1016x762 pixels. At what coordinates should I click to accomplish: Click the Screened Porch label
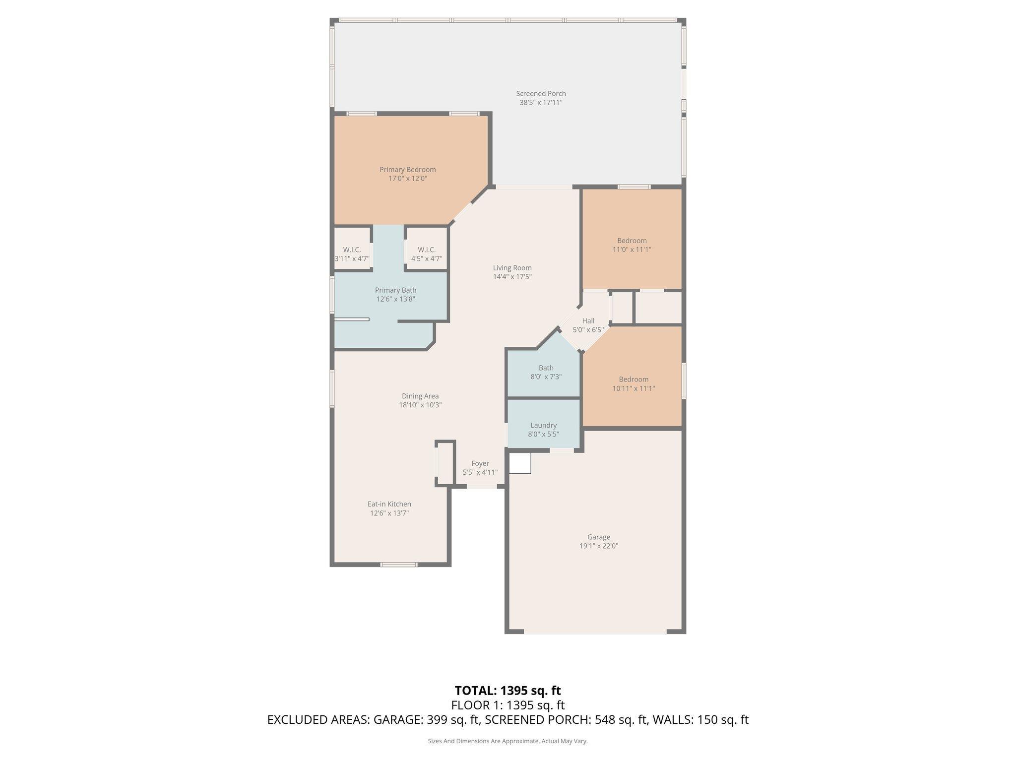[x=541, y=94]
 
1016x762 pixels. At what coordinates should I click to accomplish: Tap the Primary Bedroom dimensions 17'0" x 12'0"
[x=407, y=179]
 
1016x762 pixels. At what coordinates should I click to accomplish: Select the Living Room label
[x=512, y=268]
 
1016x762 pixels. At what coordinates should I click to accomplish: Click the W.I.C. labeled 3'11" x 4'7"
[x=352, y=254]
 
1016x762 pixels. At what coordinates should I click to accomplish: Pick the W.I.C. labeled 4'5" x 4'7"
[x=427, y=254]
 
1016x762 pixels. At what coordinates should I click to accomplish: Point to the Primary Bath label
[x=395, y=290]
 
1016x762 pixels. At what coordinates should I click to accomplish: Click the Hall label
[x=588, y=321]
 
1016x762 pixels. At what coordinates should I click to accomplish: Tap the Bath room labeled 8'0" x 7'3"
[x=546, y=372]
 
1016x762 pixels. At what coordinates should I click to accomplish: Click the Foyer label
[x=480, y=463]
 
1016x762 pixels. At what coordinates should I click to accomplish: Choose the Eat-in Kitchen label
[x=389, y=504]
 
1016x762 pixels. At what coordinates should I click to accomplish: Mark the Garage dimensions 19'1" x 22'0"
[x=599, y=546]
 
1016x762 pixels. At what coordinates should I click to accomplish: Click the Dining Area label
[x=420, y=396]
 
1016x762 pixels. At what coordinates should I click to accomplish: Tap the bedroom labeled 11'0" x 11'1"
[x=632, y=245]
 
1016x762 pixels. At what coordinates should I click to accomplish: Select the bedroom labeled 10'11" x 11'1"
[x=634, y=384]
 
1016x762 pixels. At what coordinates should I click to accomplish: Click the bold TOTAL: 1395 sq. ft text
[x=508, y=691]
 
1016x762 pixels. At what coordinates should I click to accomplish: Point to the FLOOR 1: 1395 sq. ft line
[x=508, y=705]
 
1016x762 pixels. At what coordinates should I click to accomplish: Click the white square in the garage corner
[x=520, y=462]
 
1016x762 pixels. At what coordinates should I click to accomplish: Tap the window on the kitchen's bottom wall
[x=399, y=564]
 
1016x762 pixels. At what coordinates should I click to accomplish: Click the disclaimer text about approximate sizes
[x=508, y=741]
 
